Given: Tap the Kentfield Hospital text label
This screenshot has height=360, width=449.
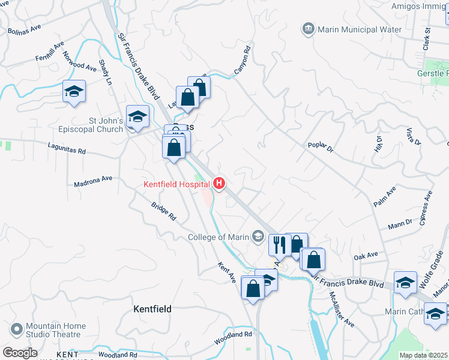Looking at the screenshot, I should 176,184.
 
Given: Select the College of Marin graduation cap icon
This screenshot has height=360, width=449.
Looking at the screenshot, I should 258,236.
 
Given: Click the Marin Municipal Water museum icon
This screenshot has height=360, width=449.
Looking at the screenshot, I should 309,29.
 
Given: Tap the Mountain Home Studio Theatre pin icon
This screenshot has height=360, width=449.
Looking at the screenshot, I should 16,330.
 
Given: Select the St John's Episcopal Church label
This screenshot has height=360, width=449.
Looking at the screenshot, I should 106,125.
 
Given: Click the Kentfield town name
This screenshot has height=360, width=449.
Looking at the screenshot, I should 152,309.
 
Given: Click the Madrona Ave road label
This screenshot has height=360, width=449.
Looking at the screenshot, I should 94,180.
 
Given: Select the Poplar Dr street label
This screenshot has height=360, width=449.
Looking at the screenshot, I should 320,148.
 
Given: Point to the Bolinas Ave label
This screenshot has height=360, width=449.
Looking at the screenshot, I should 24,28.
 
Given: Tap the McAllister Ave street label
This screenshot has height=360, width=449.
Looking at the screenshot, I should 341,308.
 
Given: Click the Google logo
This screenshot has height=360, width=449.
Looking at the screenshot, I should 20,353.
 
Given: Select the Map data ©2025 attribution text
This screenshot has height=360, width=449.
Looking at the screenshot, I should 423,355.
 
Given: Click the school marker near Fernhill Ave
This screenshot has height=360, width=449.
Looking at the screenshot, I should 74,92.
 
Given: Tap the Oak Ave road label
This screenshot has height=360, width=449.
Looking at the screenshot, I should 366,256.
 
